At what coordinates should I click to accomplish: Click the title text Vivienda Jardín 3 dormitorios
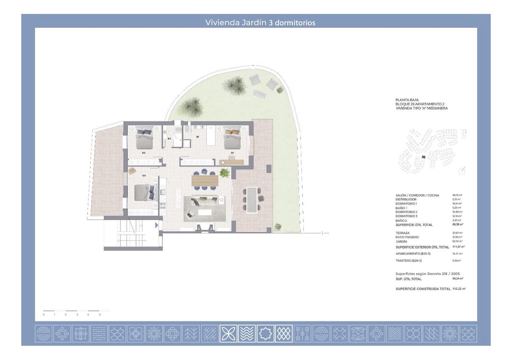pyautogui.click(x=260, y=23)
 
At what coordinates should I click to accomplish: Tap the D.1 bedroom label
pyautogui.click(x=232, y=153)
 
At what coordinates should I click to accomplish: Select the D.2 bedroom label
pyautogui.click(x=144, y=153)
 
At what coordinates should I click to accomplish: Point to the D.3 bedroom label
pyautogui.click(x=144, y=176)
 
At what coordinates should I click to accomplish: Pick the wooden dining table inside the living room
pyautogui.click(x=205, y=180)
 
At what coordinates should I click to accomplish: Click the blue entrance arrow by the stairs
pyautogui.click(x=156, y=225)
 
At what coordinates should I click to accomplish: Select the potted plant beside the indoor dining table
pyautogui.click(x=224, y=173)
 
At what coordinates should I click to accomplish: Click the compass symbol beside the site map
pyautogui.click(x=462, y=171)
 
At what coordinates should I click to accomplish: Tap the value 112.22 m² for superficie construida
pyautogui.click(x=458, y=289)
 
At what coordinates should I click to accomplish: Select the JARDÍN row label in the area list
pyautogui.click(x=402, y=241)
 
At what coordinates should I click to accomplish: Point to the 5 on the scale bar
pyautogui.click(x=99, y=315)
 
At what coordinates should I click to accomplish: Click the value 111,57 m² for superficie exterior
pyautogui.click(x=458, y=247)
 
